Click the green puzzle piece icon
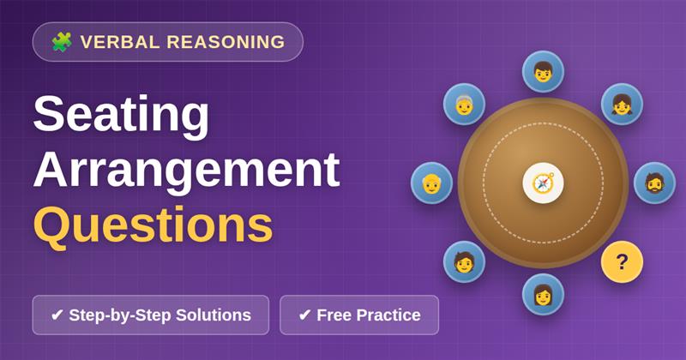[62, 42]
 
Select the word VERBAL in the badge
[120, 42]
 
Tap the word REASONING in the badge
[226, 42]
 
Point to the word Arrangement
[187, 171]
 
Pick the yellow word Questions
[153, 225]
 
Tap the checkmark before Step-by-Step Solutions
[57, 315]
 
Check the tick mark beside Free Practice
[304, 315]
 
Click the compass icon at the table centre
[543, 183]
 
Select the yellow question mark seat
[622, 262]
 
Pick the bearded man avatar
[654, 183]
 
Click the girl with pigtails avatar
[622, 104]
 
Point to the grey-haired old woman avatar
[464, 104]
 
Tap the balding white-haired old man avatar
[431, 183]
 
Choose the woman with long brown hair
[543, 294]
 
